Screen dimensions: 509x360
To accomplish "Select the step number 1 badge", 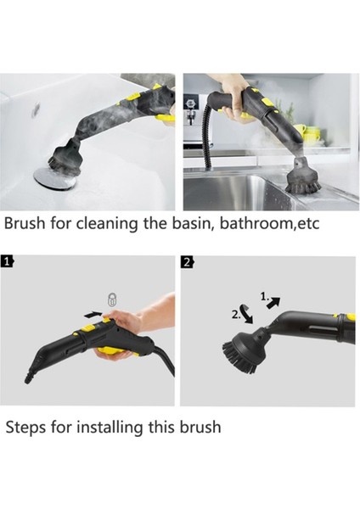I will (x=7, y=261).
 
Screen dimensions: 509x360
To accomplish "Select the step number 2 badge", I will (x=188, y=261).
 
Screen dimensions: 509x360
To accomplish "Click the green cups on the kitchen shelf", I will (x=312, y=134).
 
